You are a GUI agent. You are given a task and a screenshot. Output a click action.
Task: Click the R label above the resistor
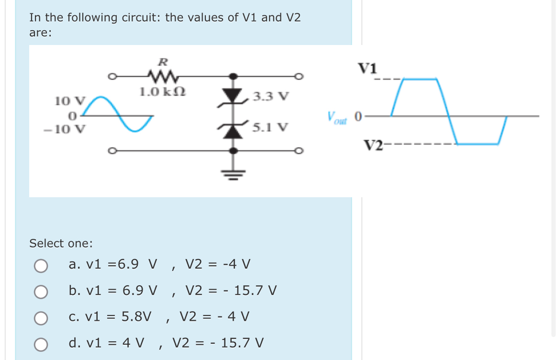click(x=163, y=61)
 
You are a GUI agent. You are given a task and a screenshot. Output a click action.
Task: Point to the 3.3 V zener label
click(x=270, y=97)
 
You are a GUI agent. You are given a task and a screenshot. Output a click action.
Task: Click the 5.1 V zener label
click(x=270, y=128)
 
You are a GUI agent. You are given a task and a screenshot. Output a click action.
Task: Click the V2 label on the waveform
click(x=373, y=144)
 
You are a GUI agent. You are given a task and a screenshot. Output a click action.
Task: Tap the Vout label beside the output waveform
click(x=337, y=117)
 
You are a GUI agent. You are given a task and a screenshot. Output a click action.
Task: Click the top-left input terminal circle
click(x=111, y=76)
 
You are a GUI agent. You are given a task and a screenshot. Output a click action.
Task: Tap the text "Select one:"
click(x=61, y=243)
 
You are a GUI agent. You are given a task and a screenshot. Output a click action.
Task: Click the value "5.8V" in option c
click(x=136, y=317)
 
